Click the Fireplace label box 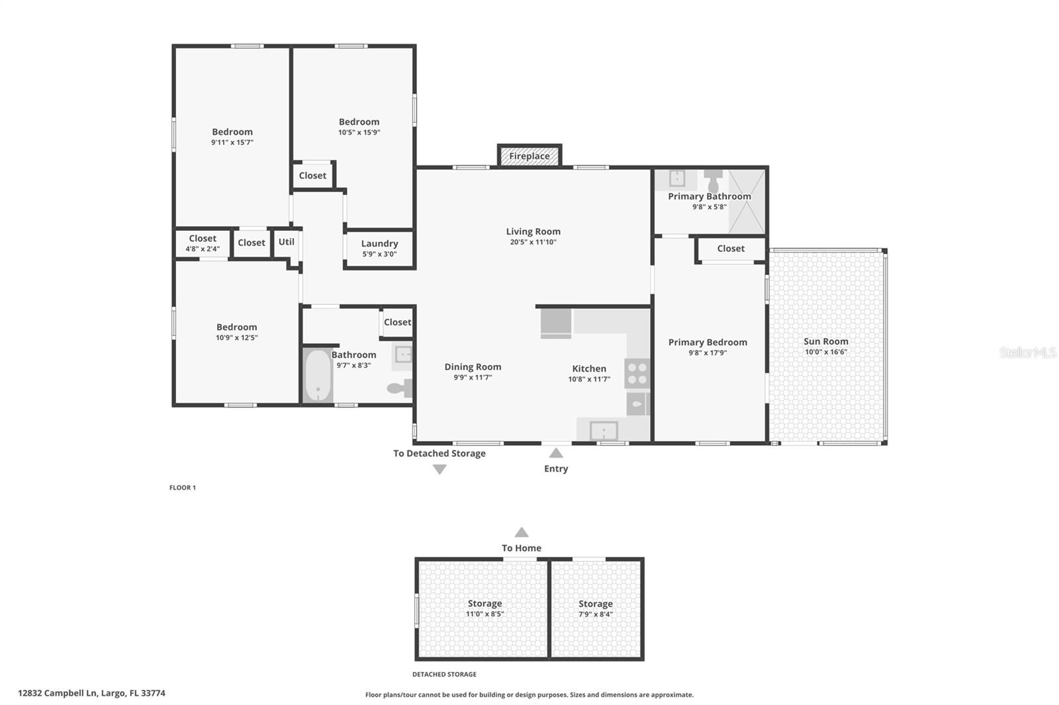(x=529, y=156)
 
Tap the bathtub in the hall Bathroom (x=318, y=375)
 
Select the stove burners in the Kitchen (x=637, y=372)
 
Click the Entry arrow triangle (x=556, y=453)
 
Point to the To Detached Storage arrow (x=439, y=469)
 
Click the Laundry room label (x=379, y=243)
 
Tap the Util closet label (x=287, y=241)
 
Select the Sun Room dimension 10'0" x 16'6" (x=825, y=352)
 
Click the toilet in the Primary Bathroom (x=713, y=181)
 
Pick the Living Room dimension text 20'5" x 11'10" (x=533, y=242)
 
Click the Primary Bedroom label (x=708, y=342)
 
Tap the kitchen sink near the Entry (x=604, y=431)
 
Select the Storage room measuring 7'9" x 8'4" (x=596, y=608)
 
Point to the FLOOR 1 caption (x=183, y=487)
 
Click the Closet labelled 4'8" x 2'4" (x=203, y=243)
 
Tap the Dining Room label (x=473, y=366)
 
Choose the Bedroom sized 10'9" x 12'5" (x=236, y=331)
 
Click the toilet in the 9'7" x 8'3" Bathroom (x=399, y=388)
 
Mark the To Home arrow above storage (x=522, y=532)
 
